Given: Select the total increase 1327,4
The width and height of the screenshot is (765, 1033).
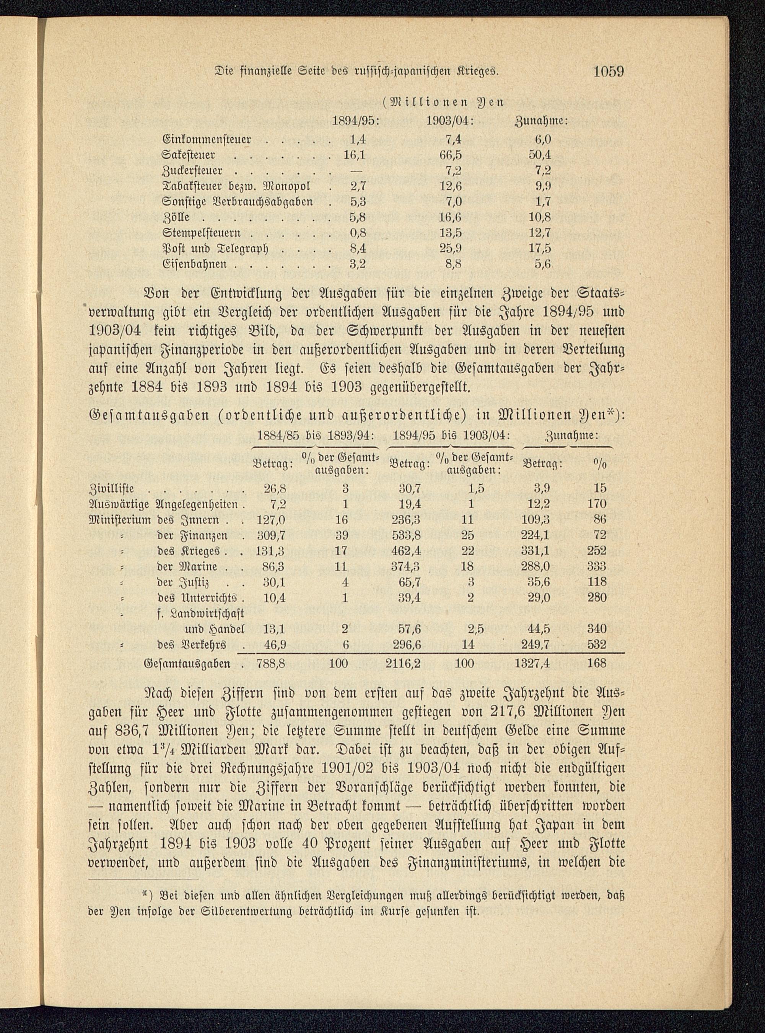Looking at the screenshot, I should (x=532, y=663).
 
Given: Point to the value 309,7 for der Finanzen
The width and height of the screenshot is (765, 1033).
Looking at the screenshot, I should (x=271, y=535).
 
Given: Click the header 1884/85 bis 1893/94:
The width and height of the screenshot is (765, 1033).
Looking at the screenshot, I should (x=315, y=436).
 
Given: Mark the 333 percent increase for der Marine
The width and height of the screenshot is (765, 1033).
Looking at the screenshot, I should (x=596, y=566).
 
